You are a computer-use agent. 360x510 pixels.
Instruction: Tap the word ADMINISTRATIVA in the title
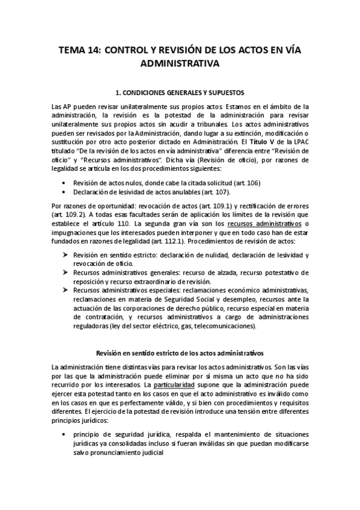coord(180,62)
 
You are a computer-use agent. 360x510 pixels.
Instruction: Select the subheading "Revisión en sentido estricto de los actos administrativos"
coord(180,352)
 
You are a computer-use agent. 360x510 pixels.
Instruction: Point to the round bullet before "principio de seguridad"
coord(64,433)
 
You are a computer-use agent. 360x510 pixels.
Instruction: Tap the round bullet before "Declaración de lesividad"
coord(64,192)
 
